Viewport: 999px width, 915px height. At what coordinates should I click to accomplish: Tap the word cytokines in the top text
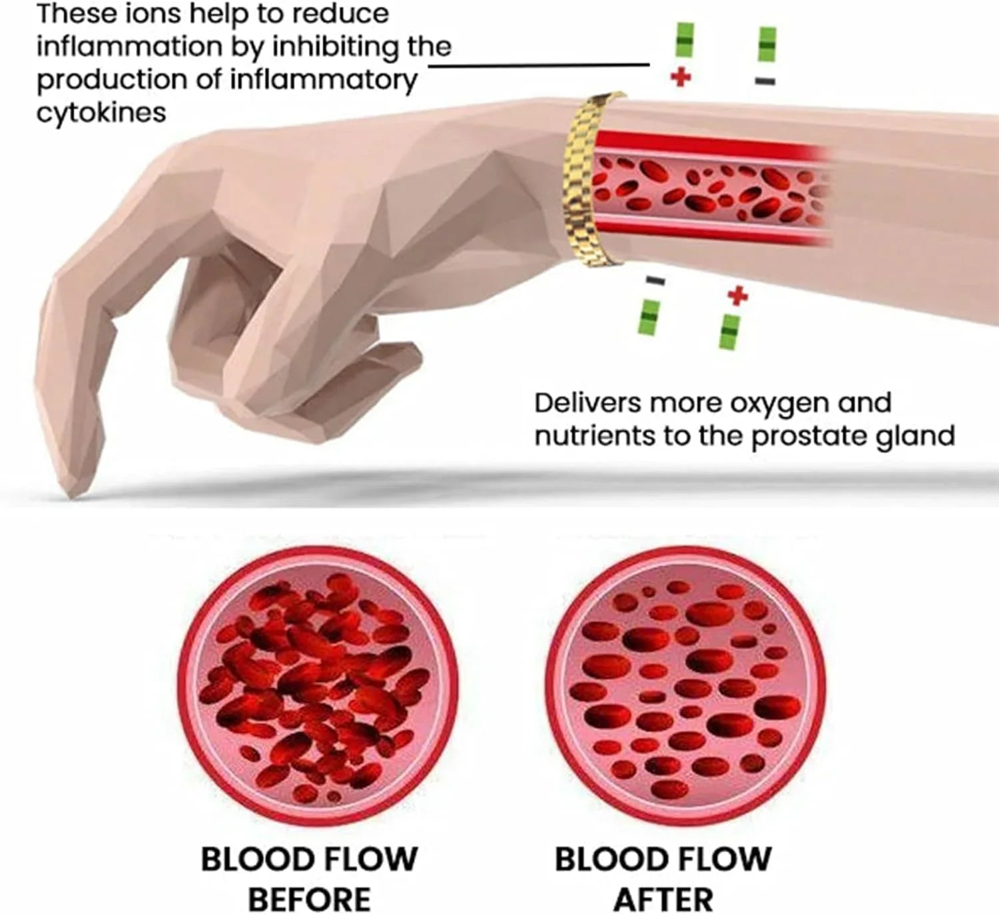(101, 112)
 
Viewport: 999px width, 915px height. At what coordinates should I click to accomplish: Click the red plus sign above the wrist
(680, 77)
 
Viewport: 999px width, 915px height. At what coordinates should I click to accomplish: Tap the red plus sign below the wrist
(737, 295)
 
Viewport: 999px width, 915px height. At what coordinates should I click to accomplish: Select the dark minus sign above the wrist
(765, 81)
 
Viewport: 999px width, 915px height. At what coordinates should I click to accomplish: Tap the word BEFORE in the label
(309, 899)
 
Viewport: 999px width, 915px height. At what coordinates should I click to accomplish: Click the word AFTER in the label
(663, 899)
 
